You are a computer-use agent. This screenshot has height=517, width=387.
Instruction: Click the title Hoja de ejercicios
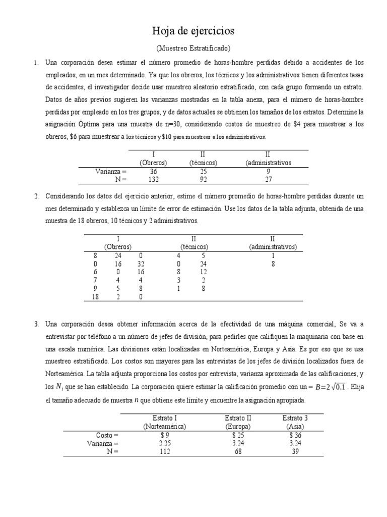193,32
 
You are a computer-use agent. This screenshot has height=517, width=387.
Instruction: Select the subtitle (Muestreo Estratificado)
193,48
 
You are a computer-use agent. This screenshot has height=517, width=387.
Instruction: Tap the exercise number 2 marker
36,195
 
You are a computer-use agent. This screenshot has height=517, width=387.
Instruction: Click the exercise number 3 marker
36,323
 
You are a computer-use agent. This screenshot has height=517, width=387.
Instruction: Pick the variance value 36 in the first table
153,171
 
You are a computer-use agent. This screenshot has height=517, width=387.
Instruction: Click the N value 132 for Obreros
153,179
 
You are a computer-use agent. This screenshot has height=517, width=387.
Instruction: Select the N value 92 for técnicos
203,179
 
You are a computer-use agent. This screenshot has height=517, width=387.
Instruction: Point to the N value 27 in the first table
268,179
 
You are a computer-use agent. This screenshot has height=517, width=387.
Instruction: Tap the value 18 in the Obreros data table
95,297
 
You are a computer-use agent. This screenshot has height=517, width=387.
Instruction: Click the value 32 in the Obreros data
141,264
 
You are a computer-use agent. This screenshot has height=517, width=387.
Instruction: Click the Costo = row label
107,434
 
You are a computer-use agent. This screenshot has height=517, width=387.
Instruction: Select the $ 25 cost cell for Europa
238,434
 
